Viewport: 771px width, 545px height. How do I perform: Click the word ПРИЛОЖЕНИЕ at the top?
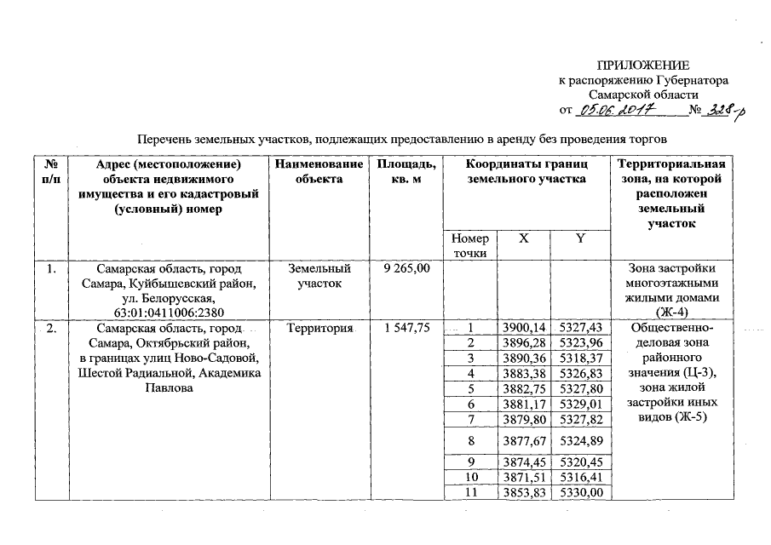click(643, 66)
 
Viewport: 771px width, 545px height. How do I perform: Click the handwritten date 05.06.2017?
click(614, 110)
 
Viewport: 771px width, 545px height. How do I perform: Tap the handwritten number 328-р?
click(720, 111)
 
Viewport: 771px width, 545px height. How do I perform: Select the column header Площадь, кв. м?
click(406, 171)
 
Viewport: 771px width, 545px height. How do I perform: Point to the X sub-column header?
click(523, 239)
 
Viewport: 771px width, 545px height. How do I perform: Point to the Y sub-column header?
click(581, 239)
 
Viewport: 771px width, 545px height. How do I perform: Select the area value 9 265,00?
click(407, 269)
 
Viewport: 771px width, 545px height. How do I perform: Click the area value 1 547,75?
click(407, 328)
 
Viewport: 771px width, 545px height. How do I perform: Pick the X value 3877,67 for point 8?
click(523, 442)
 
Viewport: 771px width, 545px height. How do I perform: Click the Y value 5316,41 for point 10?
click(581, 479)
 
